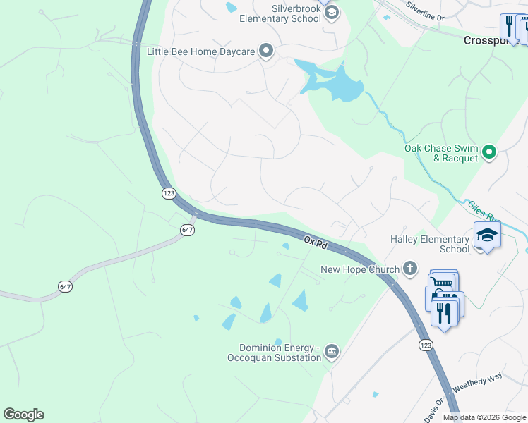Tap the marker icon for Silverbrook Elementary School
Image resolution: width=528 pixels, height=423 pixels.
point(331,13)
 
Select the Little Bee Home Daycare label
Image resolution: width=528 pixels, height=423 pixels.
point(200,51)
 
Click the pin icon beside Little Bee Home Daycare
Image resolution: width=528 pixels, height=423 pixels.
point(265,50)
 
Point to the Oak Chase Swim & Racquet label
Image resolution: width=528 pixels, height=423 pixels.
point(440,153)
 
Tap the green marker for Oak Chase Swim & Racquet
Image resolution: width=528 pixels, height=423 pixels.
point(489,151)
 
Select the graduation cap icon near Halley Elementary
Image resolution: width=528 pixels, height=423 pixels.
point(487,235)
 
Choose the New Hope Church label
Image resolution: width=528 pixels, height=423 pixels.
point(360,269)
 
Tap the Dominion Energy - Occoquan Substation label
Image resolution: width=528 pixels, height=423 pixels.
point(280,352)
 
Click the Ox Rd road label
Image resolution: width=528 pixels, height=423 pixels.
point(316,242)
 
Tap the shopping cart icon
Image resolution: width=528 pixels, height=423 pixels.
point(443,283)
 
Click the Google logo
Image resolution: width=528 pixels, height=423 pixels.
point(23,415)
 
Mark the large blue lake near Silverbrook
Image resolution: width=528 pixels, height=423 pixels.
point(335,83)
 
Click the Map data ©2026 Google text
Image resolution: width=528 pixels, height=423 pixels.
point(484,417)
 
